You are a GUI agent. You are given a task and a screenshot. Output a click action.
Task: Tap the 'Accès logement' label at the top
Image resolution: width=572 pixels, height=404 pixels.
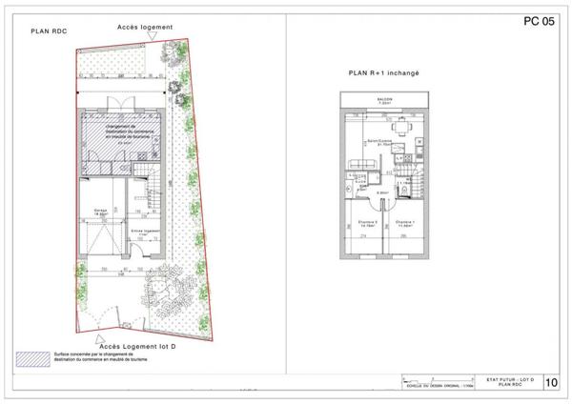pyautogui.click(x=144, y=28)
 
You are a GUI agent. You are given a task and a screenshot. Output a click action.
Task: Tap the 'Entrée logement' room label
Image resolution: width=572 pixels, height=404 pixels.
pyautogui.click(x=144, y=231)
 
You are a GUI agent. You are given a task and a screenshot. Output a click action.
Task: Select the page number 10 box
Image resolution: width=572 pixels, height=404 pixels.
pyautogui.click(x=552, y=383)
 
